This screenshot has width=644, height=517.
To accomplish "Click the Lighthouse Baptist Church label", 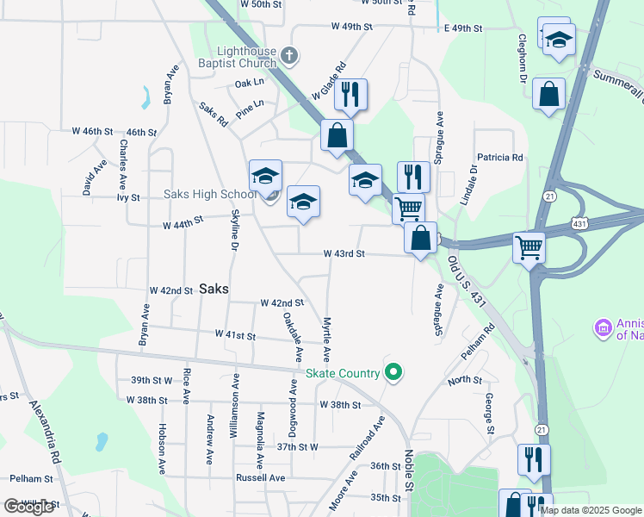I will (x=246, y=57).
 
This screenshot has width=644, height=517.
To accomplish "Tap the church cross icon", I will (x=289, y=57).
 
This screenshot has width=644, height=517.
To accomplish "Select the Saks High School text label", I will (x=210, y=195).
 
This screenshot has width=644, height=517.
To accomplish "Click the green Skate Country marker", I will (x=393, y=373).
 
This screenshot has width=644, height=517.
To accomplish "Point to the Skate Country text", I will (x=343, y=374).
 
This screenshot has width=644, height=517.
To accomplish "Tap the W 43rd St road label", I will (x=344, y=254).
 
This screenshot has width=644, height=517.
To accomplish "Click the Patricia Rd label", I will (x=500, y=158).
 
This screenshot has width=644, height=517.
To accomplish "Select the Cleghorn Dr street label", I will (x=522, y=59).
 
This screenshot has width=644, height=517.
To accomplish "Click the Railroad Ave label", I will (x=366, y=443).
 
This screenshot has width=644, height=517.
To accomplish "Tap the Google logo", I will (x=28, y=507).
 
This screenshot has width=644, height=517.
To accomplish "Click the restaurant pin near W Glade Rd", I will (x=350, y=95).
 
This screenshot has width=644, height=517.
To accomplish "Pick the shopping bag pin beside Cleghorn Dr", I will (x=548, y=95).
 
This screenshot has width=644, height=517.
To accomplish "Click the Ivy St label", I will (x=128, y=197).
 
